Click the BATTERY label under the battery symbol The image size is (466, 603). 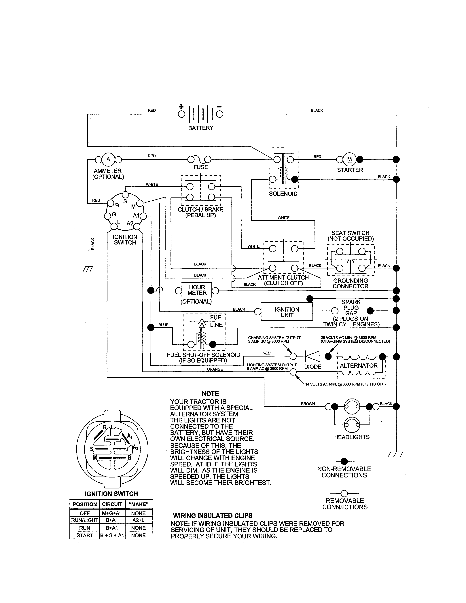(x=201, y=128)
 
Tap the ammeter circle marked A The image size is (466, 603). (x=108, y=159)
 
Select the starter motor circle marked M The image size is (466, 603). (x=349, y=159)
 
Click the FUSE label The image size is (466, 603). (x=201, y=167)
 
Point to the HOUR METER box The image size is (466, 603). (x=197, y=290)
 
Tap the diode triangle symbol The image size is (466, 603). (x=313, y=356)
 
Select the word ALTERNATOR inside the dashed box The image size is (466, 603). (x=358, y=366)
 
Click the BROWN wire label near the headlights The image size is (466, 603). (x=308, y=404)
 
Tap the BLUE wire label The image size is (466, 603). (x=163, y=325)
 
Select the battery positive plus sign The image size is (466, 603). (x=181, y=107)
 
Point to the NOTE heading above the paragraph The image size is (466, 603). (x=210, y=394)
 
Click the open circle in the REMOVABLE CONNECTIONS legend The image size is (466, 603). (x=344, y=493)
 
